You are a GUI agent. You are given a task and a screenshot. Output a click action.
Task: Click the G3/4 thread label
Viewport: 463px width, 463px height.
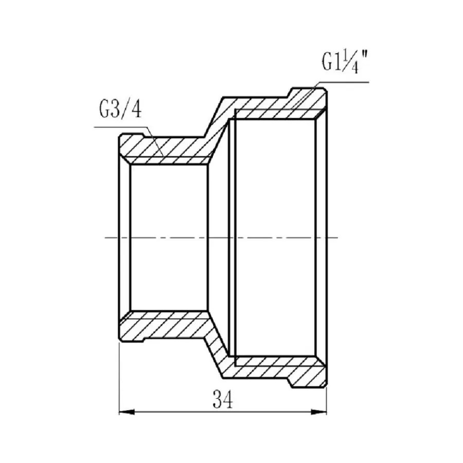[x=120, y=110]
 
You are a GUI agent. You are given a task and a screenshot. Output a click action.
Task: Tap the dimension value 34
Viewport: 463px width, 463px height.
[x=222, y=399]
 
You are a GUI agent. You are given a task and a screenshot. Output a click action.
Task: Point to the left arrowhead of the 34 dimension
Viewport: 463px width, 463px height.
[x=127, y=412]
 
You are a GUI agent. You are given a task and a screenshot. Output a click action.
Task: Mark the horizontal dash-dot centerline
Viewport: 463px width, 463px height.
[x=221, y=238]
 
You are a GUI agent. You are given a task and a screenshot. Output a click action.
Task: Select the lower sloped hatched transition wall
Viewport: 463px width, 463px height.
[x=216, y=346]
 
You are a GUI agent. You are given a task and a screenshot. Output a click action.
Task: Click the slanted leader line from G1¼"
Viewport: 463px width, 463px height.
[x=304, y=96]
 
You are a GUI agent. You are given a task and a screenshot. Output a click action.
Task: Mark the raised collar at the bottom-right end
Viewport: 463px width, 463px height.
[x=308, y=379]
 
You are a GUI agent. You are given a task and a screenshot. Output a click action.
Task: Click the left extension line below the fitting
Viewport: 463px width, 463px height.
[x=119, y=381]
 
